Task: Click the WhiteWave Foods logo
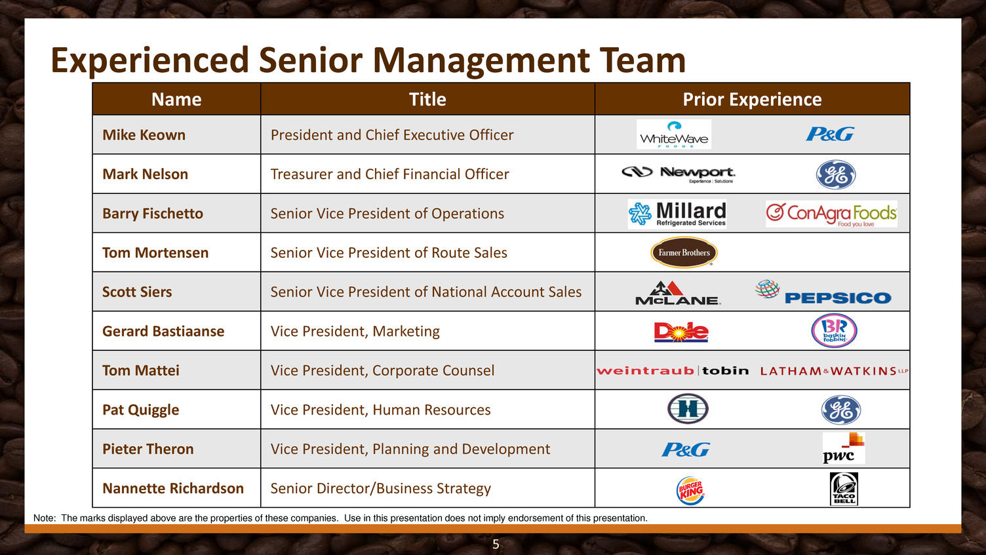click(673, 134)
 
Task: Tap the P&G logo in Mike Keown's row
click(830, 134)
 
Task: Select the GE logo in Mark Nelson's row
click(835, 175)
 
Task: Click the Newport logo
click(679, 175)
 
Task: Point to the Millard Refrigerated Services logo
click(677, 214)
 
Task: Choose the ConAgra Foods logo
click(831, 214)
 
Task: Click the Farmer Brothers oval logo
click(684, 253)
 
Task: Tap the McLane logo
click(678, 293)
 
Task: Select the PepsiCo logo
click(823, 292)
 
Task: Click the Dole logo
click(681, 332)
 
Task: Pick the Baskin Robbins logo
click(834, 331)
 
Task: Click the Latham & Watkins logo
click(834, 371)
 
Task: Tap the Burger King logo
click(690, 490)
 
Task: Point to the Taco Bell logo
click(844, 489)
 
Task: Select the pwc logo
click(843, 448)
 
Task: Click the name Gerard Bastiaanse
click(163, 331)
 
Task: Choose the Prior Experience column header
click(752, 100)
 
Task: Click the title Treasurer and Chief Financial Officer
click(389, 174)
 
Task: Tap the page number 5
click(496, 545)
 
